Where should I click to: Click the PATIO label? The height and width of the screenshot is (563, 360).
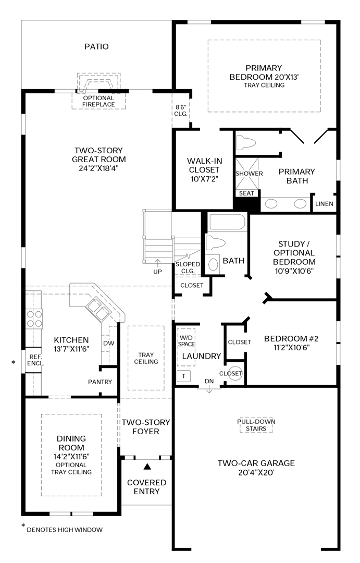(x=96, y=47)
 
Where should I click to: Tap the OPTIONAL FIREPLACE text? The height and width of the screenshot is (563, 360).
(x=98, y=101)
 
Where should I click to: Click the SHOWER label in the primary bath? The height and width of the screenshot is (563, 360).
(x=249, y=173)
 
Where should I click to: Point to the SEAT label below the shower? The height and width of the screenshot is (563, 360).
(x=246, y=193)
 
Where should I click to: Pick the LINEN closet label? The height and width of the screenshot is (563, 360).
(x=324, y=204)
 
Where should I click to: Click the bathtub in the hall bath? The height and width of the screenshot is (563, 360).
(x=227, y=223)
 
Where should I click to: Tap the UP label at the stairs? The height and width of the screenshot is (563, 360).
(x=157, y=272)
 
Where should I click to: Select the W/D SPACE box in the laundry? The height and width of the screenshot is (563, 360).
(x=185, y=340)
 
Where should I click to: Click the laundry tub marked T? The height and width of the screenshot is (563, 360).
(x=183, y=376)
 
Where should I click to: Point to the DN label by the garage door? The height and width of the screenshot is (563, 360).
(x=209, y=382)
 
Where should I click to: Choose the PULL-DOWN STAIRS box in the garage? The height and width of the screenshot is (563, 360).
(x=256, y=425)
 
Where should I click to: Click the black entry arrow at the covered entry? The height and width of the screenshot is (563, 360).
(x=147, y=467)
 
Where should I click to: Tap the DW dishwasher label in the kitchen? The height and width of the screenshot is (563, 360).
(x=108, y=343)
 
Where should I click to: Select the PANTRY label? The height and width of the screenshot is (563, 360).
(x=100, y=382)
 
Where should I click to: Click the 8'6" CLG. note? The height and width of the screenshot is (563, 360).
(x=180, y=110)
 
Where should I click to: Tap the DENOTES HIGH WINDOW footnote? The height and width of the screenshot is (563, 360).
(x=64, y=530)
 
